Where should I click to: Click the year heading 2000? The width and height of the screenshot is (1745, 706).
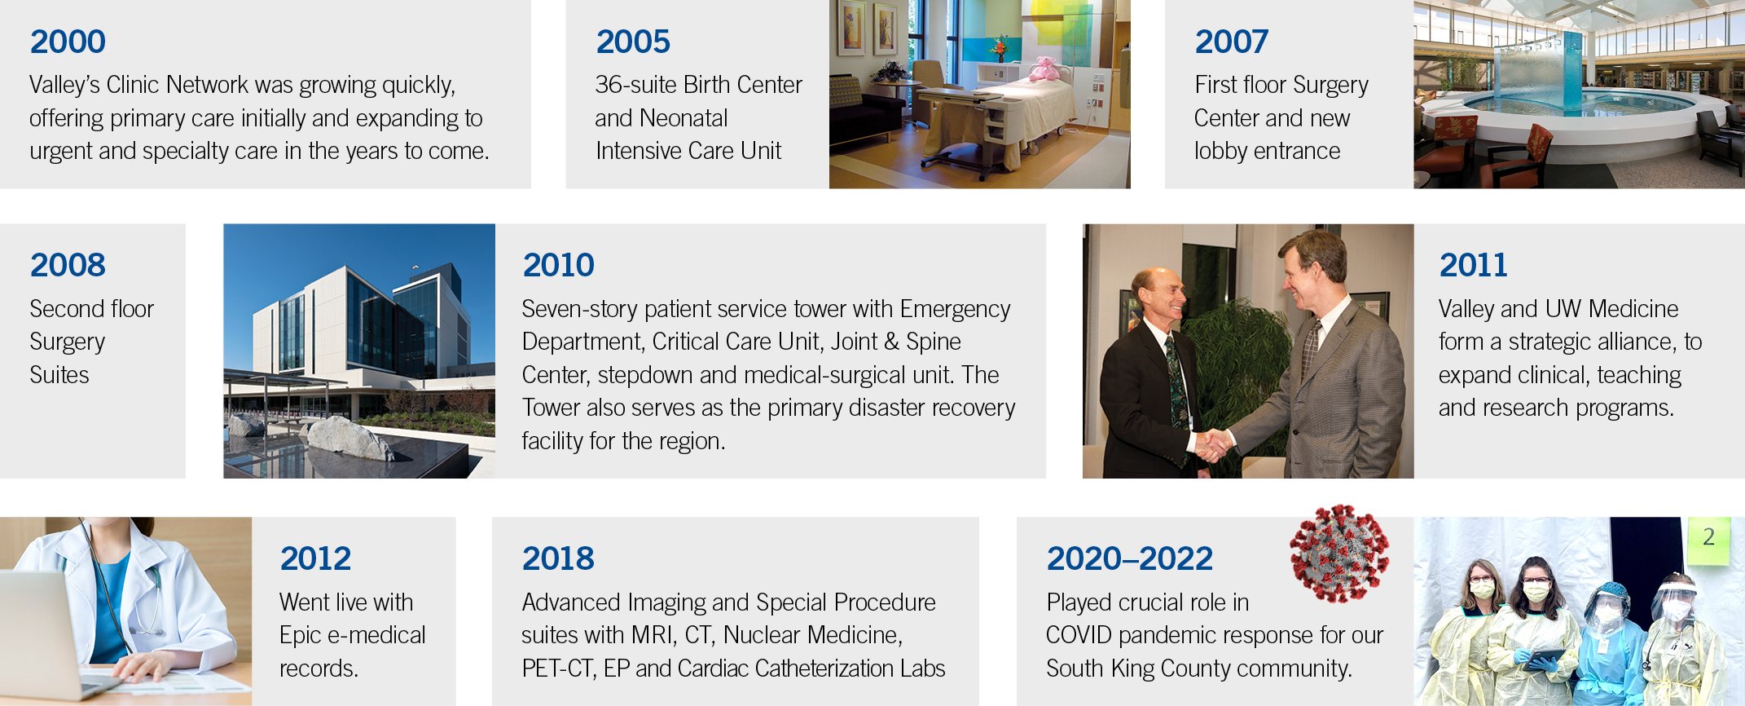pos(68,42)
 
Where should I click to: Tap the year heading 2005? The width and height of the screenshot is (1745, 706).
pos(633,42)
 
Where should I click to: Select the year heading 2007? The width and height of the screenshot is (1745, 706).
pos(1232,42)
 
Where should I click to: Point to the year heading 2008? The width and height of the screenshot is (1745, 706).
pos(68,265)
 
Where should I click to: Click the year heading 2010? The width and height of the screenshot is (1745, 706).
pos(559,265)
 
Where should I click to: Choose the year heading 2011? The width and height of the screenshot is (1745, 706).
pos(1473,265)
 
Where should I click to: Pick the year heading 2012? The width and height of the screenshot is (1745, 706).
pos(316,558)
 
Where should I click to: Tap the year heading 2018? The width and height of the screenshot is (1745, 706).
pos(558,558)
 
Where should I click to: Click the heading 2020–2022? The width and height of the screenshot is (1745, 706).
pos(1130,558)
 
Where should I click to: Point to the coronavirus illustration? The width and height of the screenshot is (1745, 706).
pos(1339,553)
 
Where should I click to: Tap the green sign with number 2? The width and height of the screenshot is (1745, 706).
pos(1708,540)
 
